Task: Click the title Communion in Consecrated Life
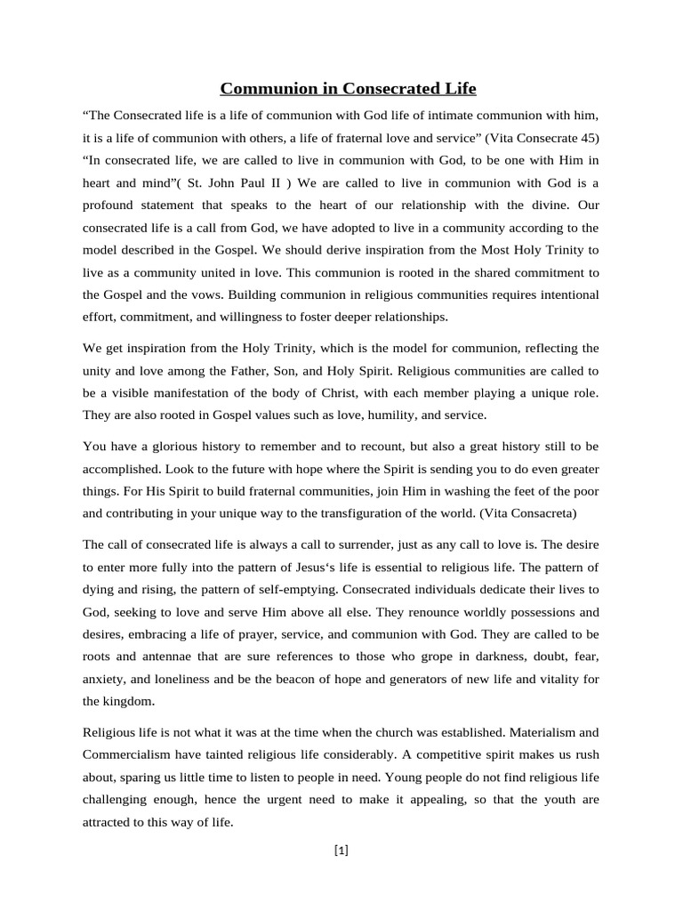pos(348,88)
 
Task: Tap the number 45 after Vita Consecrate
pos(584,139)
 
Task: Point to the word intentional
pos(563,294)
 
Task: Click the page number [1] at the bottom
pos(341,851)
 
